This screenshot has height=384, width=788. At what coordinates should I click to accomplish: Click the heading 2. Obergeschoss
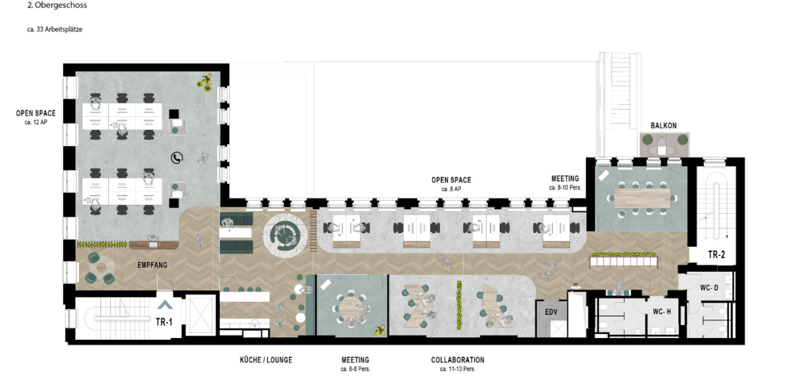[57, 5]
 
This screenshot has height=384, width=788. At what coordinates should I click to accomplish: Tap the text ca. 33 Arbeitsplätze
[55, 30]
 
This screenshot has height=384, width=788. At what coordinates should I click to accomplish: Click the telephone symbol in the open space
[177, 158]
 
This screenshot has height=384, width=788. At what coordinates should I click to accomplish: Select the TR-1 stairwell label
[164, 322]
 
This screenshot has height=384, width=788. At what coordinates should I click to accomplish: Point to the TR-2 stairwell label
[716, 254]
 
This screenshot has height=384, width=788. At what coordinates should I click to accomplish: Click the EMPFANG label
[152, 265]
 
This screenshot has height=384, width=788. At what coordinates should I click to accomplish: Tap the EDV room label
[551, 312]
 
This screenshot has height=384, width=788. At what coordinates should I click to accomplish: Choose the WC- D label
[709, 288]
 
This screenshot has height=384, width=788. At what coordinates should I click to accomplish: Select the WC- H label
[662, 312]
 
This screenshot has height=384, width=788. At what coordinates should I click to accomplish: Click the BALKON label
[663, 125]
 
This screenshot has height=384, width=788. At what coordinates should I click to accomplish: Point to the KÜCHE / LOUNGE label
[266, 360]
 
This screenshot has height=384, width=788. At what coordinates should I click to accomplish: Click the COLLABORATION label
[458, 360]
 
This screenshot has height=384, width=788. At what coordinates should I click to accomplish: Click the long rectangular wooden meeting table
[642, 198]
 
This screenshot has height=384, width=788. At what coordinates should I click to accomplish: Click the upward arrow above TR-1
[165, 305]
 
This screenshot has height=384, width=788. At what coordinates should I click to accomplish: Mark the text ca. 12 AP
[36, 122]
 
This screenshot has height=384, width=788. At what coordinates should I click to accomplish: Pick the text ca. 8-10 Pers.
[565, 188]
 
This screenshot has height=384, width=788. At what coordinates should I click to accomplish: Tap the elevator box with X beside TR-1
[200, 315]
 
